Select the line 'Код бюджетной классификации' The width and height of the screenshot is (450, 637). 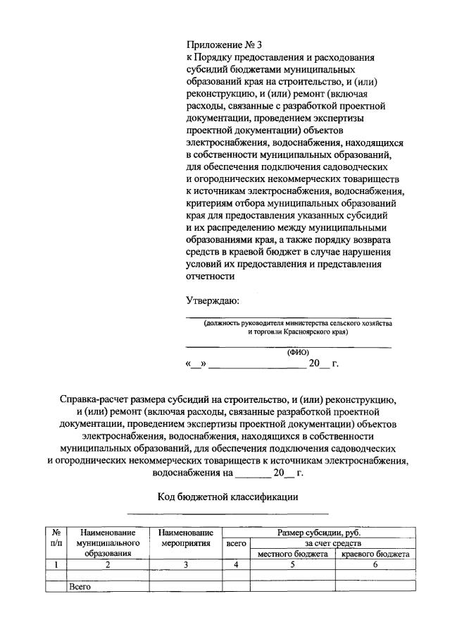pos(227,497)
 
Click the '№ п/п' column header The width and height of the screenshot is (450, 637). pos(56,539)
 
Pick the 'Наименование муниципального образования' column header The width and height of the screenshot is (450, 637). pos(107,544)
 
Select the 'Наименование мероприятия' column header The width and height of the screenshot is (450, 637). pos(186,539)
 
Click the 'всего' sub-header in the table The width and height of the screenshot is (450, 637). pos(236,544)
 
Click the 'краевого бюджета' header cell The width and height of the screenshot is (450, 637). pos(375,554)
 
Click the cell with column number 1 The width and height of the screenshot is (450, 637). pos(56,564)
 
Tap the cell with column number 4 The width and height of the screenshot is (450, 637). pos(236,564)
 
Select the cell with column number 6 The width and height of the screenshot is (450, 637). pos(375,564)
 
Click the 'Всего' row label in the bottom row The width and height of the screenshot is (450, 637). pos(80,586)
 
